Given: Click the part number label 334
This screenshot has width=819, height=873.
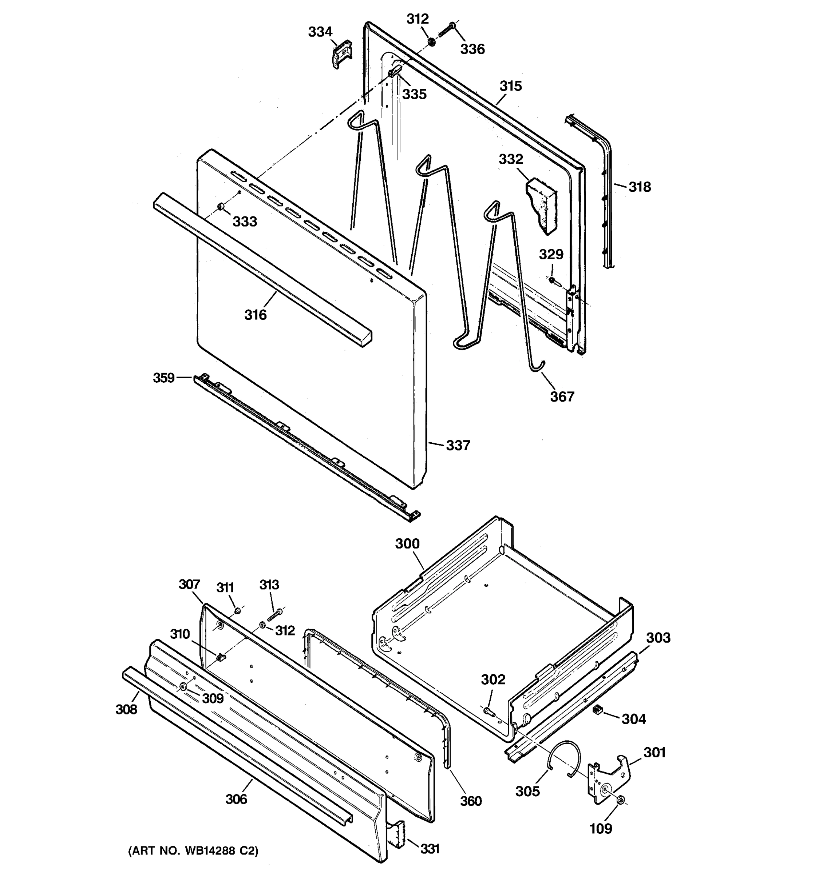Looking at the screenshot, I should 320,32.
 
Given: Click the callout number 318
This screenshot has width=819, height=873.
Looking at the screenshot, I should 639,187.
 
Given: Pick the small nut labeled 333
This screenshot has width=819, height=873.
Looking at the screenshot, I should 221,207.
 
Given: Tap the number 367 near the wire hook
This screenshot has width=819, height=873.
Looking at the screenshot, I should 562,396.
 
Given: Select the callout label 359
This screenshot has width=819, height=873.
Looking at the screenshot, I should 164,378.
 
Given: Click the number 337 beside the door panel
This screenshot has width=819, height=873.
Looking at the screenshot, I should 458,445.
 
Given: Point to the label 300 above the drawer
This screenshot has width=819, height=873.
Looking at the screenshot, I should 407,544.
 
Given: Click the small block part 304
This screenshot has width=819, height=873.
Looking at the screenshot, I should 597,710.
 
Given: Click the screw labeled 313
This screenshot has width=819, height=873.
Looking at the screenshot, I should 275,615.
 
